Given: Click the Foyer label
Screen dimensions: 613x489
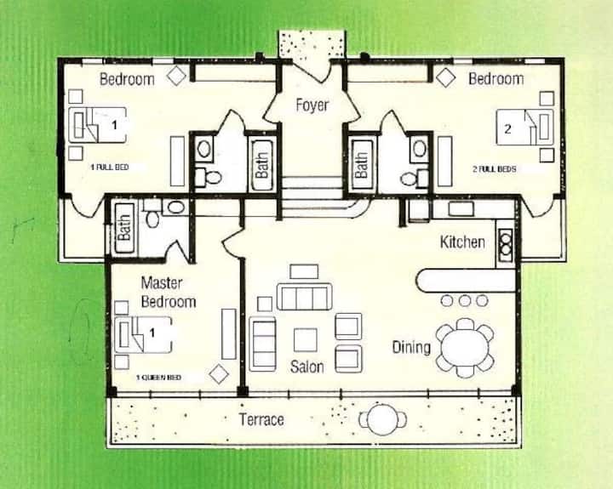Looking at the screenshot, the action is click(312, 105).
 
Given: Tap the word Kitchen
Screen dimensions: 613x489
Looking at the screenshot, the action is click(462, 242).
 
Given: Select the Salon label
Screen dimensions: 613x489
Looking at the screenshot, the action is click(306, 367).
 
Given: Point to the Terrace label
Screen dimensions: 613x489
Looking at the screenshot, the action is click(261, 419).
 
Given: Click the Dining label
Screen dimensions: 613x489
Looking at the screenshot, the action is click(411, 347).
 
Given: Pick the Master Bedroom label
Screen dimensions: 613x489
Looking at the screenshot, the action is click(169, 293).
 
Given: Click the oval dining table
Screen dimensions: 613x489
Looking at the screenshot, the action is click(465, 348).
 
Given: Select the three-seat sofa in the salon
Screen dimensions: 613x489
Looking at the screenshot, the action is click(305, 297).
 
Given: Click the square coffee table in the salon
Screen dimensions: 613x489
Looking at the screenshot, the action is click(306, 340).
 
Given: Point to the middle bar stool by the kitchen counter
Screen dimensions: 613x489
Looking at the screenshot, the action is click(465, 301).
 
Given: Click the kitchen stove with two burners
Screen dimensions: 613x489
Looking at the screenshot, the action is click(505, 243).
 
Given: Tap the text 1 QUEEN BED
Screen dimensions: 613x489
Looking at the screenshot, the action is click(158, 378).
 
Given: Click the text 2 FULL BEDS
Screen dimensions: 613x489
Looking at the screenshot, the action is click(495, 169).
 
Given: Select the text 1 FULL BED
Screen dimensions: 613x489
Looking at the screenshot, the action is click(110, 168).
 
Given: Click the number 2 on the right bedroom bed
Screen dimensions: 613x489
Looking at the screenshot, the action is click(507, 128).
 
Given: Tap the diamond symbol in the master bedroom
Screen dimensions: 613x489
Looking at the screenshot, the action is click(219, 374).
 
